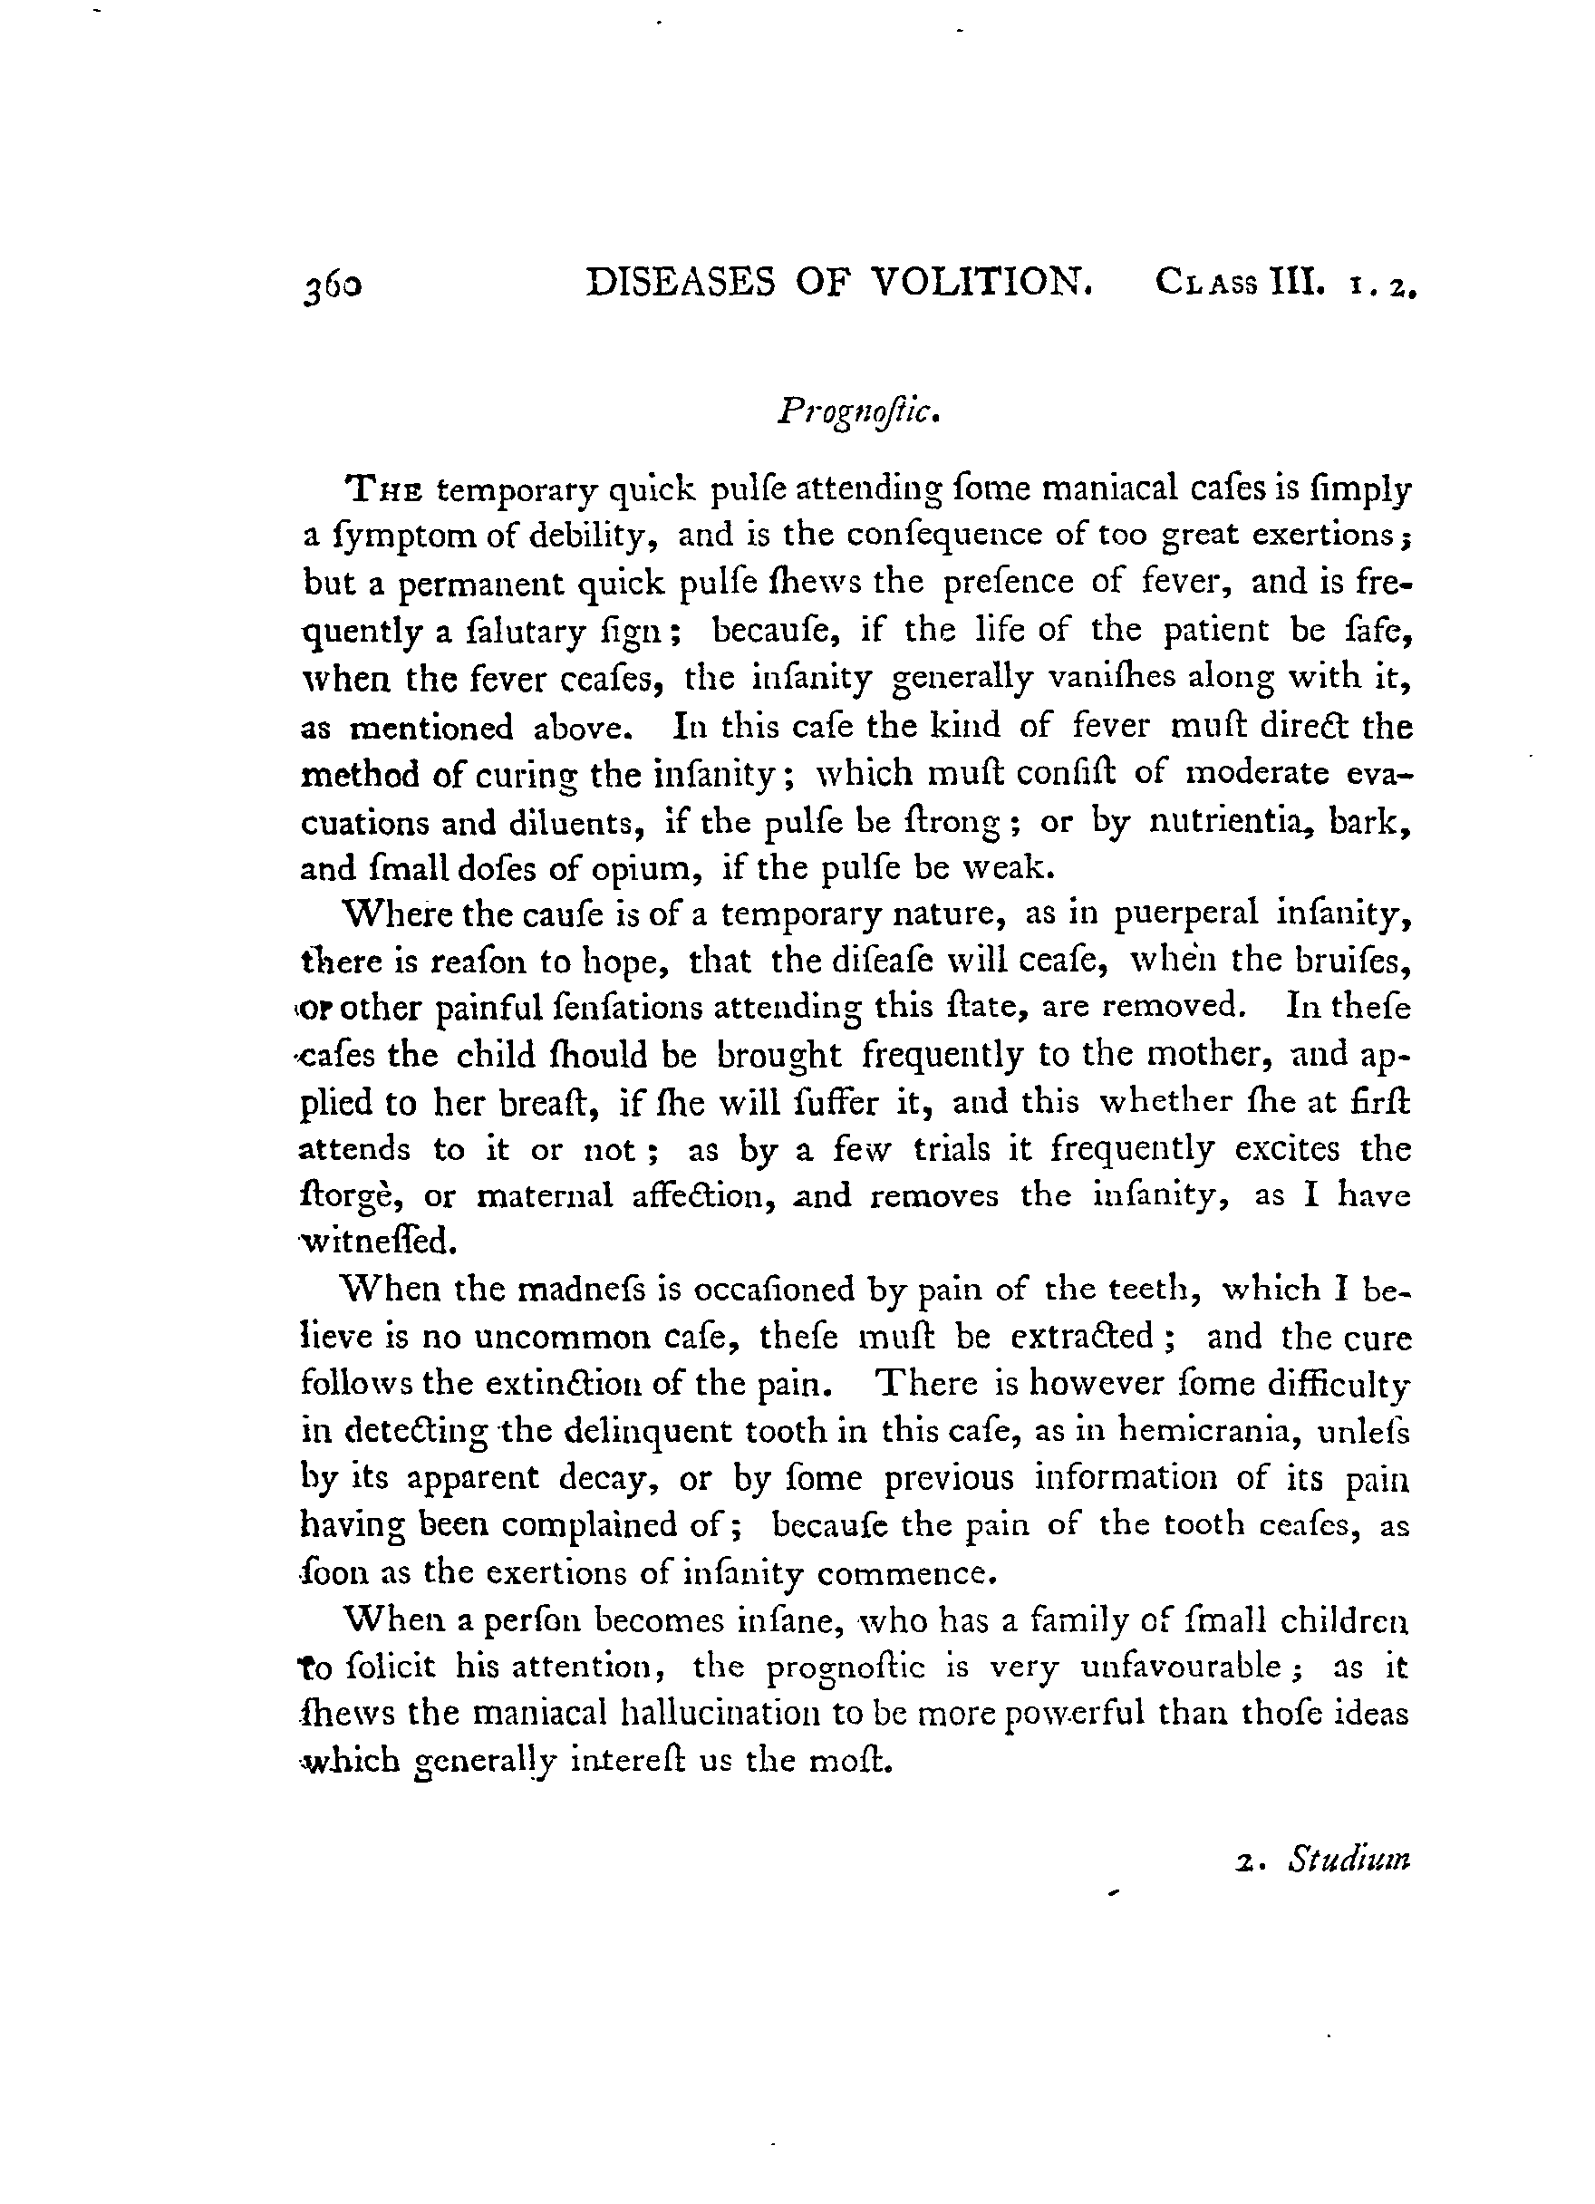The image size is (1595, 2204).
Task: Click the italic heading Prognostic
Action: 858,413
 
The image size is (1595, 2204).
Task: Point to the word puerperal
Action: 1184,914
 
